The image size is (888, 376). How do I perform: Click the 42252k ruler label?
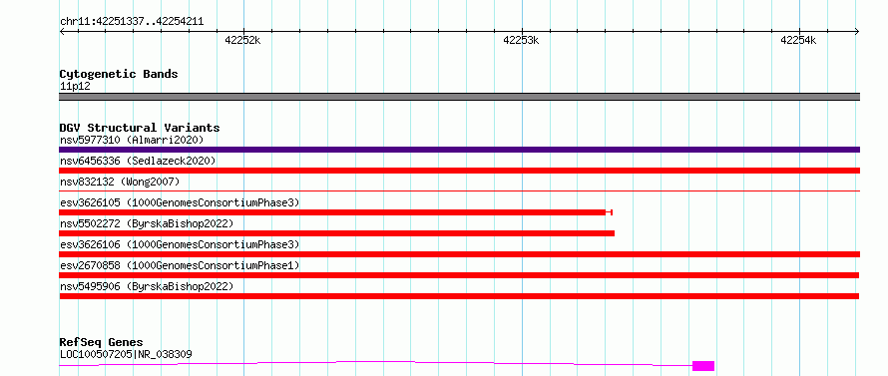[x=243, y=40]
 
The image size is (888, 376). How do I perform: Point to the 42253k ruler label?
[x=521, y=40]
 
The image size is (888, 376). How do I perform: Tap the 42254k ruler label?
[x=798, y=40]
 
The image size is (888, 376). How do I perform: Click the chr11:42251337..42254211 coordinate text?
[x=132, y=22]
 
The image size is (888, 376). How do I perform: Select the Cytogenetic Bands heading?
[x=119, y=74]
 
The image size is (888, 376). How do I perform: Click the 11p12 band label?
[x=75, y=87]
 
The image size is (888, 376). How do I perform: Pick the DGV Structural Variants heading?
[x=140, y=128]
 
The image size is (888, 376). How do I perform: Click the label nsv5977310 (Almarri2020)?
[x=132, y=140]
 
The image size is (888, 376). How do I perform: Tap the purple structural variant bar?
[x=459, y=150]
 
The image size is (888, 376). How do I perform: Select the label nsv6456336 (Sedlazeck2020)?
[x=138, y=161]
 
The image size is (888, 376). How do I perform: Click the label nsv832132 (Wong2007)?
[x=120, y=182]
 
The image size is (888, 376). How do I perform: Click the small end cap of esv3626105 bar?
[x=610, y=212]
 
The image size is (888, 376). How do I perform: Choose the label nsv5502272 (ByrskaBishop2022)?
[x=147, y=223]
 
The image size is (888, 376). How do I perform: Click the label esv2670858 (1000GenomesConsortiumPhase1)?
[x=180, y=265]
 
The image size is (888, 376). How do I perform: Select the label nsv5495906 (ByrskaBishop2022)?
[x=147, y=286]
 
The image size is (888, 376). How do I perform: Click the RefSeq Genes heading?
[x=102, y=343]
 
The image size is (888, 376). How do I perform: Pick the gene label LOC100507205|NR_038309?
[x=126, y=355]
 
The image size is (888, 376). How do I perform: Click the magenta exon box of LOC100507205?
[x=703, y=366]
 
